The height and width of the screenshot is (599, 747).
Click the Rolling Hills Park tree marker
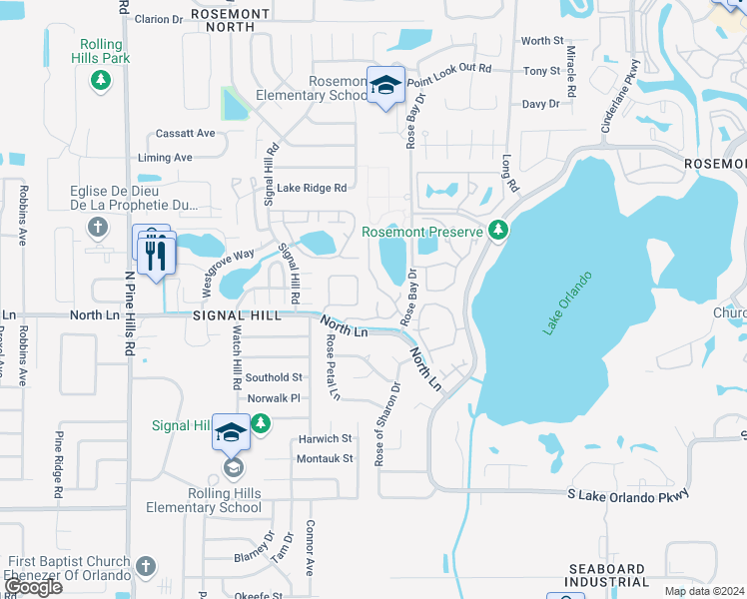click(x=99, y=80)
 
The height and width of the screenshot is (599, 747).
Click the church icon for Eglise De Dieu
click(x=97, y=228)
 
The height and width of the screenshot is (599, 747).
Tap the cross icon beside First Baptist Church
click(x=146, y=567)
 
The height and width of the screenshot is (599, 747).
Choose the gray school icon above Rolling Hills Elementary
click(x=232, y=467)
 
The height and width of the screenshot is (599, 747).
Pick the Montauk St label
click(x=326, y=458)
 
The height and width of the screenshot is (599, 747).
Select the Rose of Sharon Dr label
click(x=386, y=424)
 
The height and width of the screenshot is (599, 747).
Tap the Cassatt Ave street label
click(x=185, y=133)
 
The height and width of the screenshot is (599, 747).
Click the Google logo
click(x=32, y=587)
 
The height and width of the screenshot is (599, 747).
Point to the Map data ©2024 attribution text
click(x=704, y=591)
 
